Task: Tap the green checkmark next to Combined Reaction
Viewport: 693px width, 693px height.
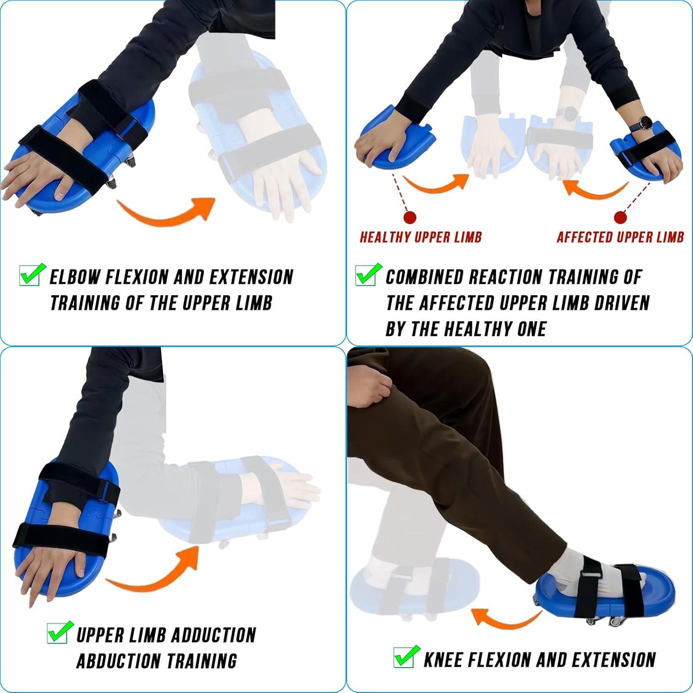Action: [368, 275]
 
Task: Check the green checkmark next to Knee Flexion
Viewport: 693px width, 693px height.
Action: [406, 657]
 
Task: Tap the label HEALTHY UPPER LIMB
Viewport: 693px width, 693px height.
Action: [420, 237]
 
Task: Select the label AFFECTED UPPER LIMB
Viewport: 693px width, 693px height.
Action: [620, 237]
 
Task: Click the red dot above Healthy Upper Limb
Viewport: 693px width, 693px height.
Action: [410, 218]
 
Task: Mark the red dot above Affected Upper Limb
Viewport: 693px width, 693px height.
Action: [620, 218]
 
